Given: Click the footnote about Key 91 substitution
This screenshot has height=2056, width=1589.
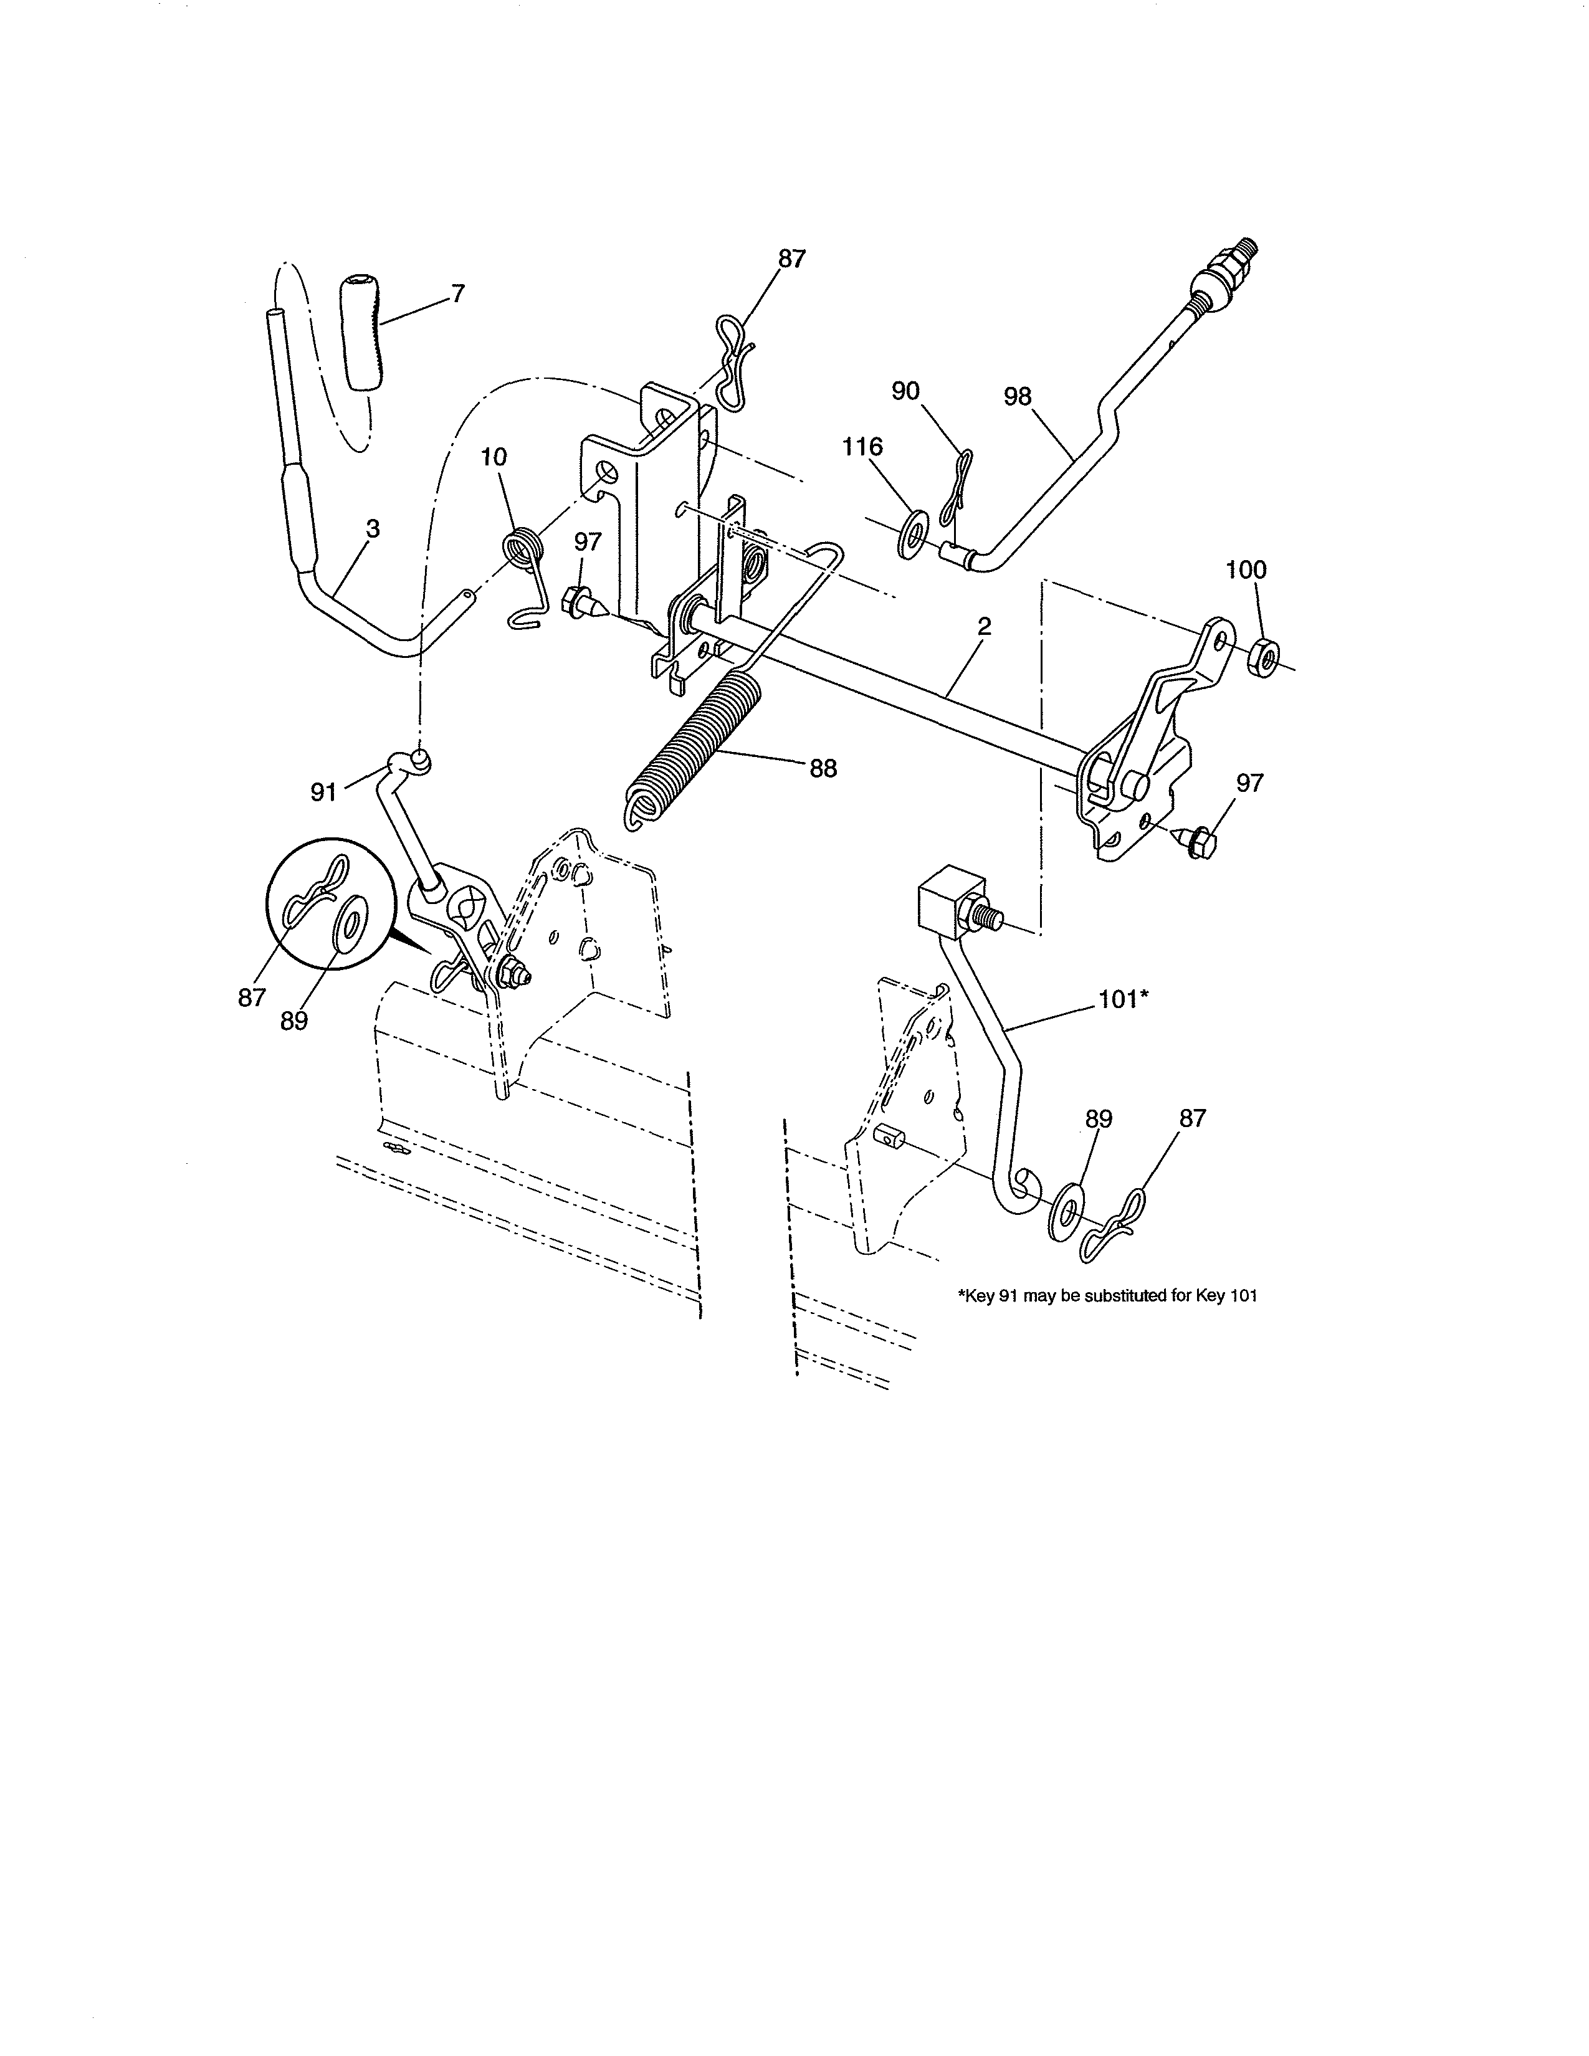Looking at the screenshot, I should point(1107,1295).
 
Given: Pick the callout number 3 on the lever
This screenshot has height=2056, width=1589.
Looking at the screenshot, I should point(373,529).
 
